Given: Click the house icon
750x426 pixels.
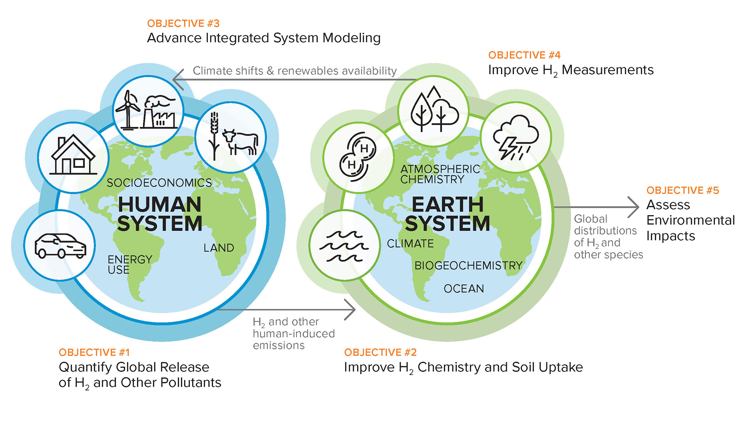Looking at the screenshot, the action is click(x=73, y=157).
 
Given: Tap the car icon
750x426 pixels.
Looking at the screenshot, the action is click(x=60, y=246).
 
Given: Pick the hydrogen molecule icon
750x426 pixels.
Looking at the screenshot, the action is click(x=358, y=157).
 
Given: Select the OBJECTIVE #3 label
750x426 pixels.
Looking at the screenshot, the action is click(x=183, y=23).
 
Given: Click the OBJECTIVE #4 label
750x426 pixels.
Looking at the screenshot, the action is click(x=524, y=55).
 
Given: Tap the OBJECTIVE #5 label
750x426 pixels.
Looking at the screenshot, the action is click(x=682, y=191).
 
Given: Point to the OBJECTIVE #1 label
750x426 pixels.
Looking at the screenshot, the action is click(x=94, y=353).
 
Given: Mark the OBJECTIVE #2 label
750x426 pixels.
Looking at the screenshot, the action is click(x=380, y=353).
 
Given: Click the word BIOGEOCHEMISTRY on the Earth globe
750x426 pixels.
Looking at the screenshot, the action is click(x=468, y=266).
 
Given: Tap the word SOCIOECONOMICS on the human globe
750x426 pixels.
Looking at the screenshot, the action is click(x=159, y=183).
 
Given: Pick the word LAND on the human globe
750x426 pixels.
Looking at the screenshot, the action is click(x=219, y=248).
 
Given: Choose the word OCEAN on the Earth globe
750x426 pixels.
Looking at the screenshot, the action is click(x=464, y=289).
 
